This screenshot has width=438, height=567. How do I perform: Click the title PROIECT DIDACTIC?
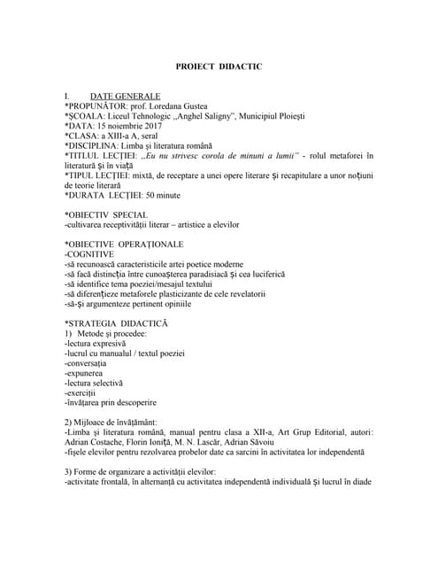[219, 67]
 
